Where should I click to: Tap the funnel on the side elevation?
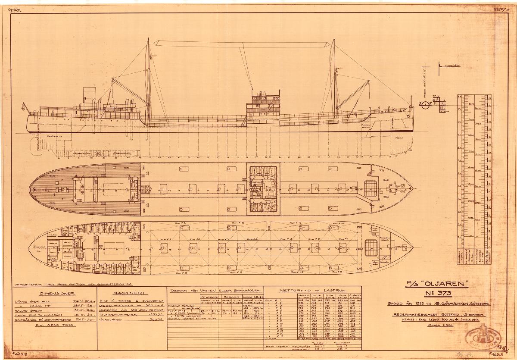(90, 94)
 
